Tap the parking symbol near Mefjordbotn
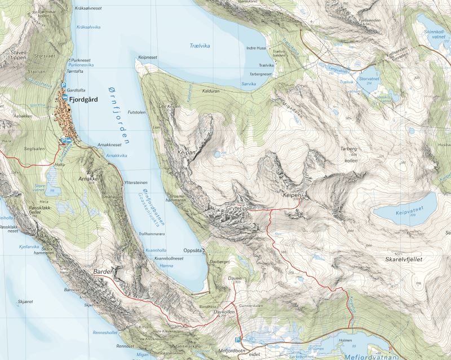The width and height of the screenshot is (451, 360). click(237, 340)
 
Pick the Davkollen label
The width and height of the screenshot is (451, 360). click(224, 311)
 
